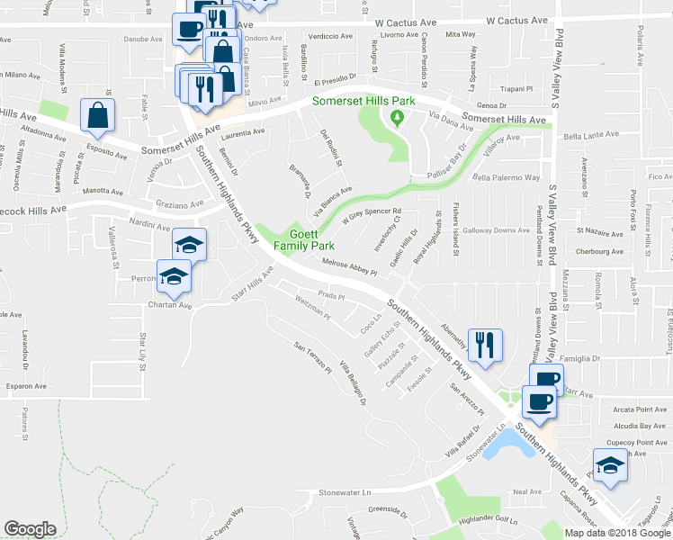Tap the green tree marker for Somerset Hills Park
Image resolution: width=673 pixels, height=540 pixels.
coord(396,118)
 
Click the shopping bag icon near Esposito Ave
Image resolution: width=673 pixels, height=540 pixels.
coord(97,114)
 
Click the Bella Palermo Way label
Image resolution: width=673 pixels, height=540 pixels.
coord(506,178)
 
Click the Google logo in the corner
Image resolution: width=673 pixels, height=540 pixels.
coord(30,529)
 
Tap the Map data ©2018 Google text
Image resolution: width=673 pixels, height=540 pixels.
coord(617,533)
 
